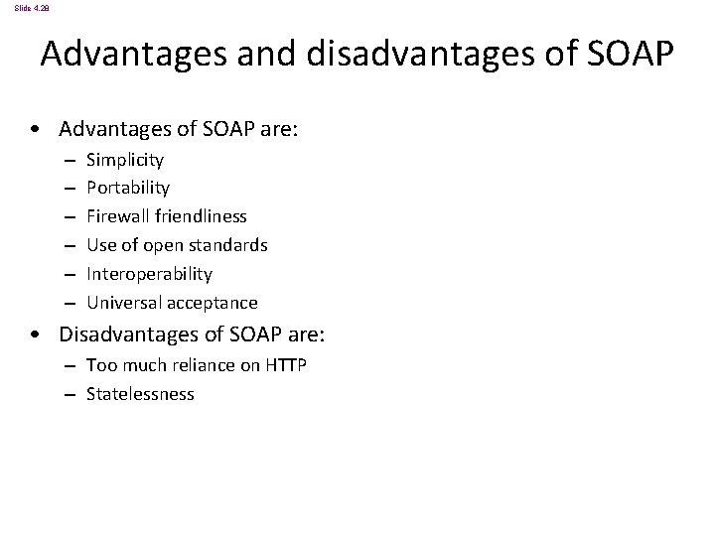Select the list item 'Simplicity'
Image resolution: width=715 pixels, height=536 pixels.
click(x=125, y=159)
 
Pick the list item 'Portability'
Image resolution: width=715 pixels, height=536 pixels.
click(x=128, y=188)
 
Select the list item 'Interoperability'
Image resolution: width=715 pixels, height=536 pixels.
click(x=149, y=274)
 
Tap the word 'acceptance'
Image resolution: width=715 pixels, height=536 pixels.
click(x=211, y=303)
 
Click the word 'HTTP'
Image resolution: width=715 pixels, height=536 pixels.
click(x=286, y=366)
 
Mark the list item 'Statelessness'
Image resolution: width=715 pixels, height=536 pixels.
click(x=140, y=395)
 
